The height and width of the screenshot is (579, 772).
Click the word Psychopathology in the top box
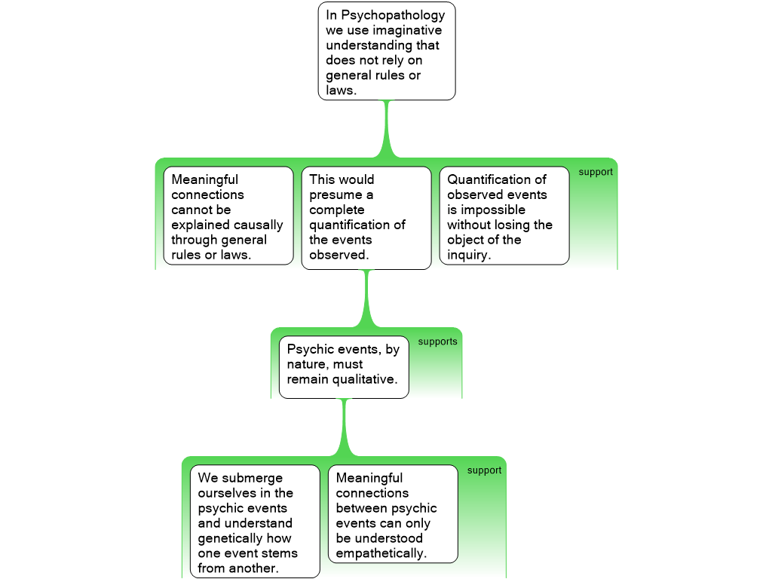(396, 15)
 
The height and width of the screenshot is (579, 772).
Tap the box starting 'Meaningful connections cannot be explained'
(228, 216)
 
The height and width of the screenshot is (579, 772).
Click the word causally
(254, 225)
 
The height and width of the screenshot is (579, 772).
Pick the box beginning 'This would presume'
(366, 217)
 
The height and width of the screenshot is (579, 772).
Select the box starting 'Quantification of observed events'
(504, 216)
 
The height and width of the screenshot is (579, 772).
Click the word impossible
(492, 210)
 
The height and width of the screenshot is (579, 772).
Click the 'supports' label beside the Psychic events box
(437, 342)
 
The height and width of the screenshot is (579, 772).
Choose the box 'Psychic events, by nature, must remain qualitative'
(344, 366)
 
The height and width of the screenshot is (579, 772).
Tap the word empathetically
(380, 553)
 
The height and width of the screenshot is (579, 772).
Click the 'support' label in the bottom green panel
(484, 470)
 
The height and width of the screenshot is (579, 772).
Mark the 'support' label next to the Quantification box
(596, 172)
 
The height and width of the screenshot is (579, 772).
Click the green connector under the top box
(388, 128)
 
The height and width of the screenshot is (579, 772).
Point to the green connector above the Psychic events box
(367, 298)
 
